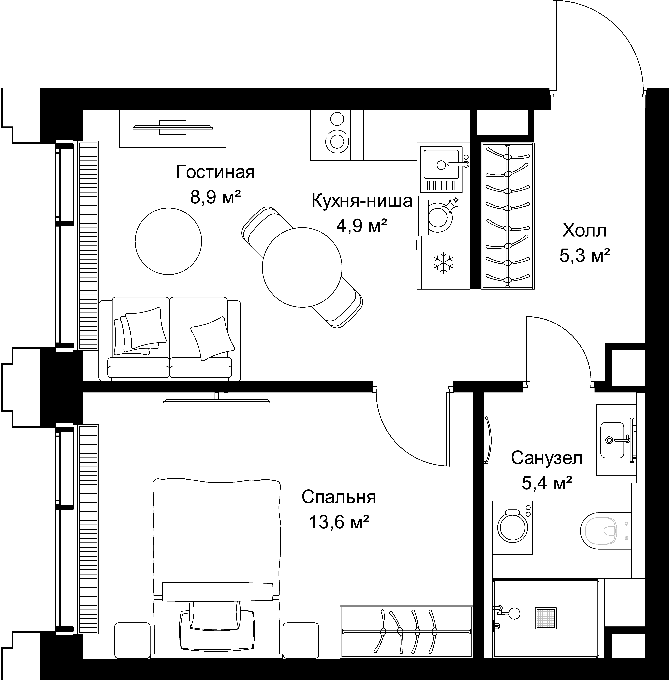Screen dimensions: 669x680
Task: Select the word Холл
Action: [584, 231]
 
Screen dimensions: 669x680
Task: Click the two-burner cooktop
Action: [337, 135]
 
